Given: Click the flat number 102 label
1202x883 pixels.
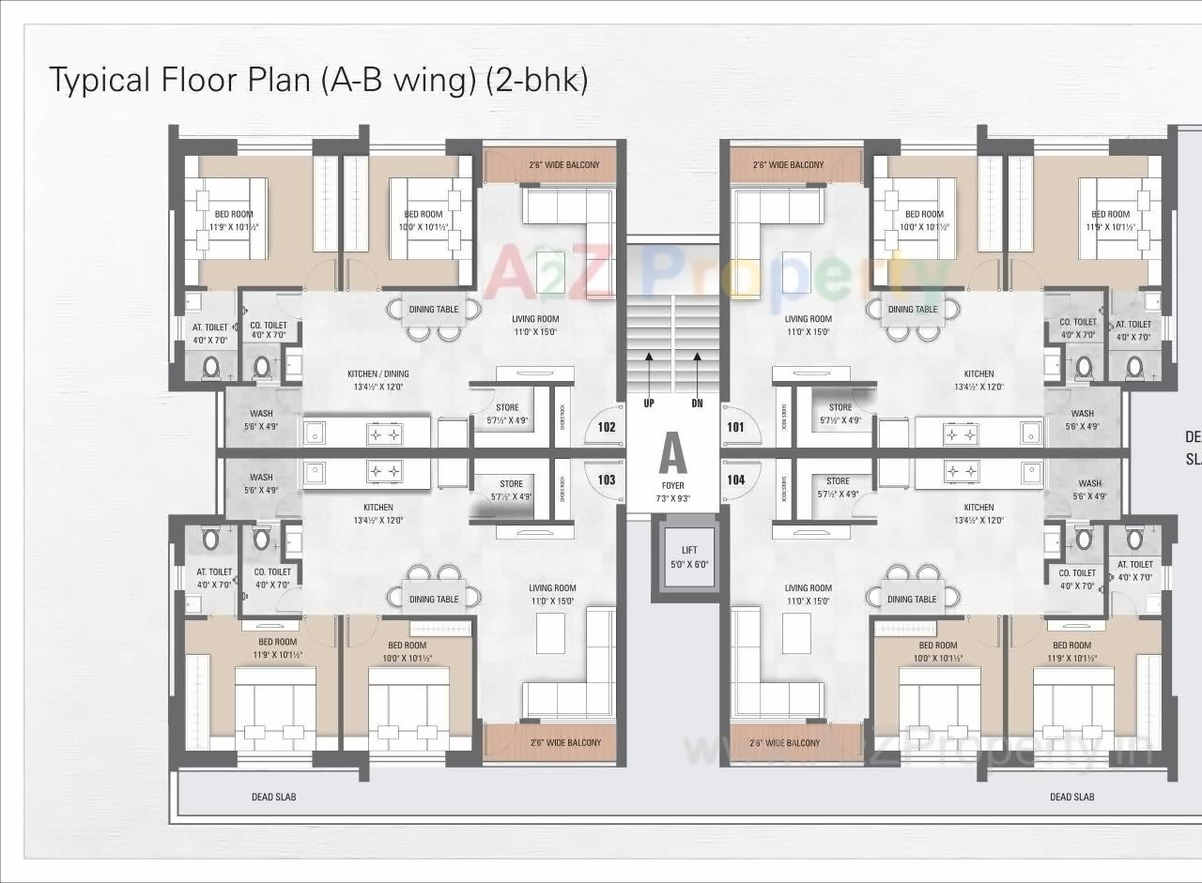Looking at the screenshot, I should pyautogui.click(x=606, y=427).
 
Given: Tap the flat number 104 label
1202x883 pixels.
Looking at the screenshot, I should pyautogui.click(x=736, y=480).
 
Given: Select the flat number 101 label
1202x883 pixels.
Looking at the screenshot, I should pyautogui.click(x=735, y=427).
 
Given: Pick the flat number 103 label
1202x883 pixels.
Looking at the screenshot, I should pyautogui.click(x=606, y=480).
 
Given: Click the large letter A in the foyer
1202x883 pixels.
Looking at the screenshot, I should pyautogui.click(x=672, y=454).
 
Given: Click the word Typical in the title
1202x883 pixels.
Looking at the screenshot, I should pyautogui.click(x=100, y=80).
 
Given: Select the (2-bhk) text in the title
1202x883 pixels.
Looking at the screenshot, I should pyautogui.click(x=536, y=80).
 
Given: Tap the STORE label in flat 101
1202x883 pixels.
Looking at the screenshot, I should pyautogui.click(x=840, y=407).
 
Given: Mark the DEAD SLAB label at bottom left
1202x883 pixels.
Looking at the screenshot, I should pyautogui.click(x=273, y=797).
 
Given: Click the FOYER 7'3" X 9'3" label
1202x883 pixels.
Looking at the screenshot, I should pyautogui.click(x=672, y=492).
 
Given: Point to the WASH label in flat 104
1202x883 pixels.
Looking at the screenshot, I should pyautogui.click(x=1089, y=484).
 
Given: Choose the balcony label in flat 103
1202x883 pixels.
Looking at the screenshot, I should pyautogui.click(x=563, y=743).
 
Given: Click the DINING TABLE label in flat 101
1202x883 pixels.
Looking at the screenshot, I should pyautogui.click(x=912, y=310).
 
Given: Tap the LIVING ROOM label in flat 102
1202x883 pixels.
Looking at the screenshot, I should pyautogui.click(x=534, y=319).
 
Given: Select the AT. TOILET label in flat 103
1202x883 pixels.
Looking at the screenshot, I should pyautogui.click(x=213, y=571).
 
